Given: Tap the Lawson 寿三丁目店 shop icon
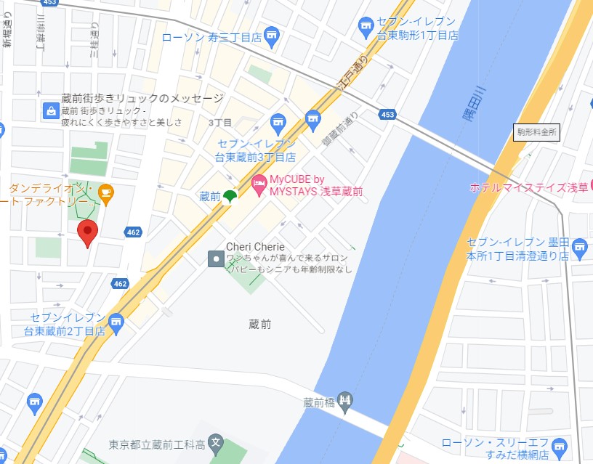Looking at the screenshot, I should tap(271, 34).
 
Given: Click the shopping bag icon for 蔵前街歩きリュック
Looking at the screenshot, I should tap(51, 111).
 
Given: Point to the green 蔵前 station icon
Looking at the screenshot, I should tap(229, 196).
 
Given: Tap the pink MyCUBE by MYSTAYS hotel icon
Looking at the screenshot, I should tap(258, 184).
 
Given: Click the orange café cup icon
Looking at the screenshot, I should tap(106, 194).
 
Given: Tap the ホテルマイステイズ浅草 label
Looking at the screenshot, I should tap(528, 187).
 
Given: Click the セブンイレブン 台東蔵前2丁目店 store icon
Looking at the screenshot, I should tap(116, 321).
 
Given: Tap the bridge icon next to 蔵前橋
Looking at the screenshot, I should tap(346, 399).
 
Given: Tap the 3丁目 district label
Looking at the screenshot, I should tap(219, 123).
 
